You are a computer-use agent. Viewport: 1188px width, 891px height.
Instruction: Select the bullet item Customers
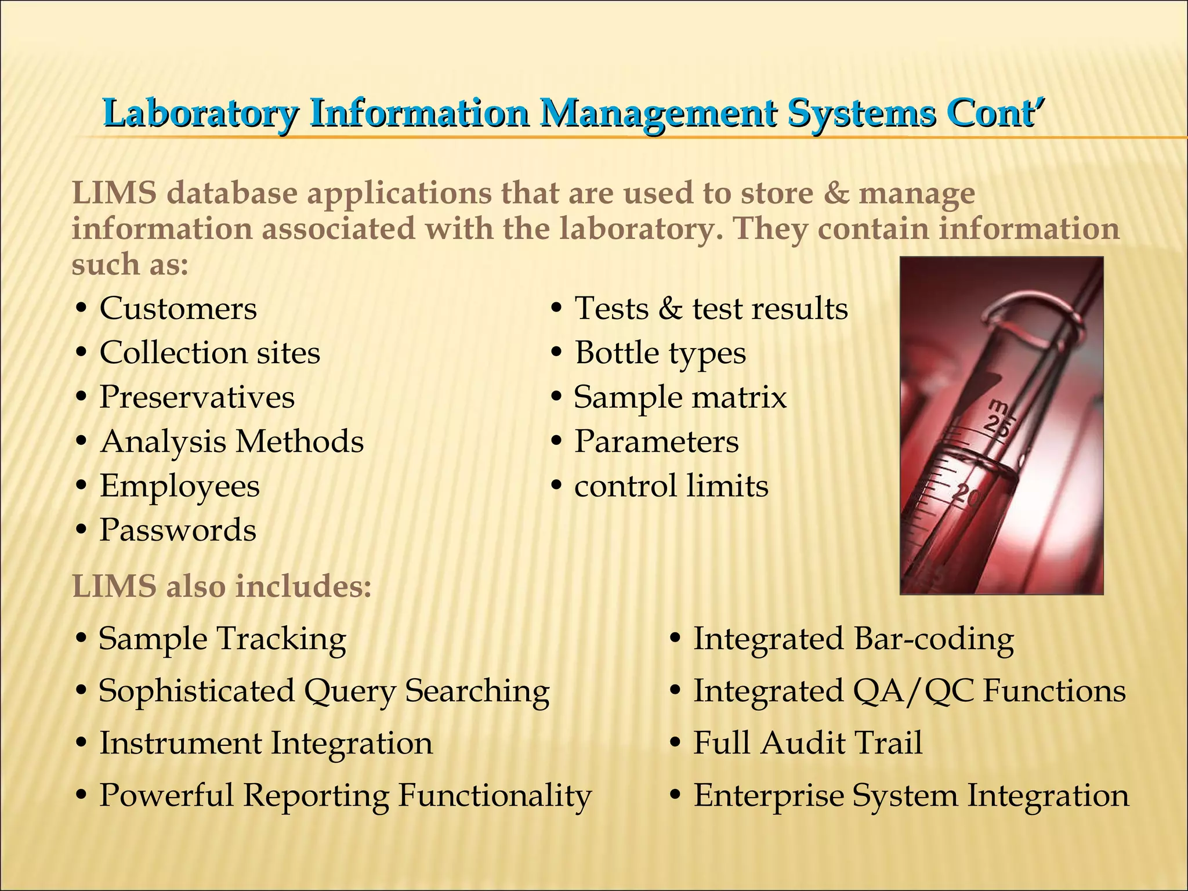178,308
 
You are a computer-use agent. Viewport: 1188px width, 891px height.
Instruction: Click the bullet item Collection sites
209,353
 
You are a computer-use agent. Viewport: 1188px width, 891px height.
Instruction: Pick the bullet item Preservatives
197,397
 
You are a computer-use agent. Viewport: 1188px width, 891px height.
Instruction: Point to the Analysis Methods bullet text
232,441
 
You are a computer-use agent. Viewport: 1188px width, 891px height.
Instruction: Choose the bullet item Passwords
178,530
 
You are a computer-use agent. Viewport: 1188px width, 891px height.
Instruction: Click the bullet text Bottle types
660,353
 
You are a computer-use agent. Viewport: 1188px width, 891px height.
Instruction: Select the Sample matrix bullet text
680,397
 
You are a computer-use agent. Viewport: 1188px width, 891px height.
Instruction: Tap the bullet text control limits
671,486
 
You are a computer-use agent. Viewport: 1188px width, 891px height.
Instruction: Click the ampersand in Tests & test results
671,309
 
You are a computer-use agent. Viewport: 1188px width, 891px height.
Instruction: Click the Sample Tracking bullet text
222,639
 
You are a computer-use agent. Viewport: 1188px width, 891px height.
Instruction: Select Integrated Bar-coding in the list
853,639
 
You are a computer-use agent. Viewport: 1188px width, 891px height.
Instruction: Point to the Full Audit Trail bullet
807,743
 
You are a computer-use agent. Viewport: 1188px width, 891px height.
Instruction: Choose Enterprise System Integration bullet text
911,795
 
